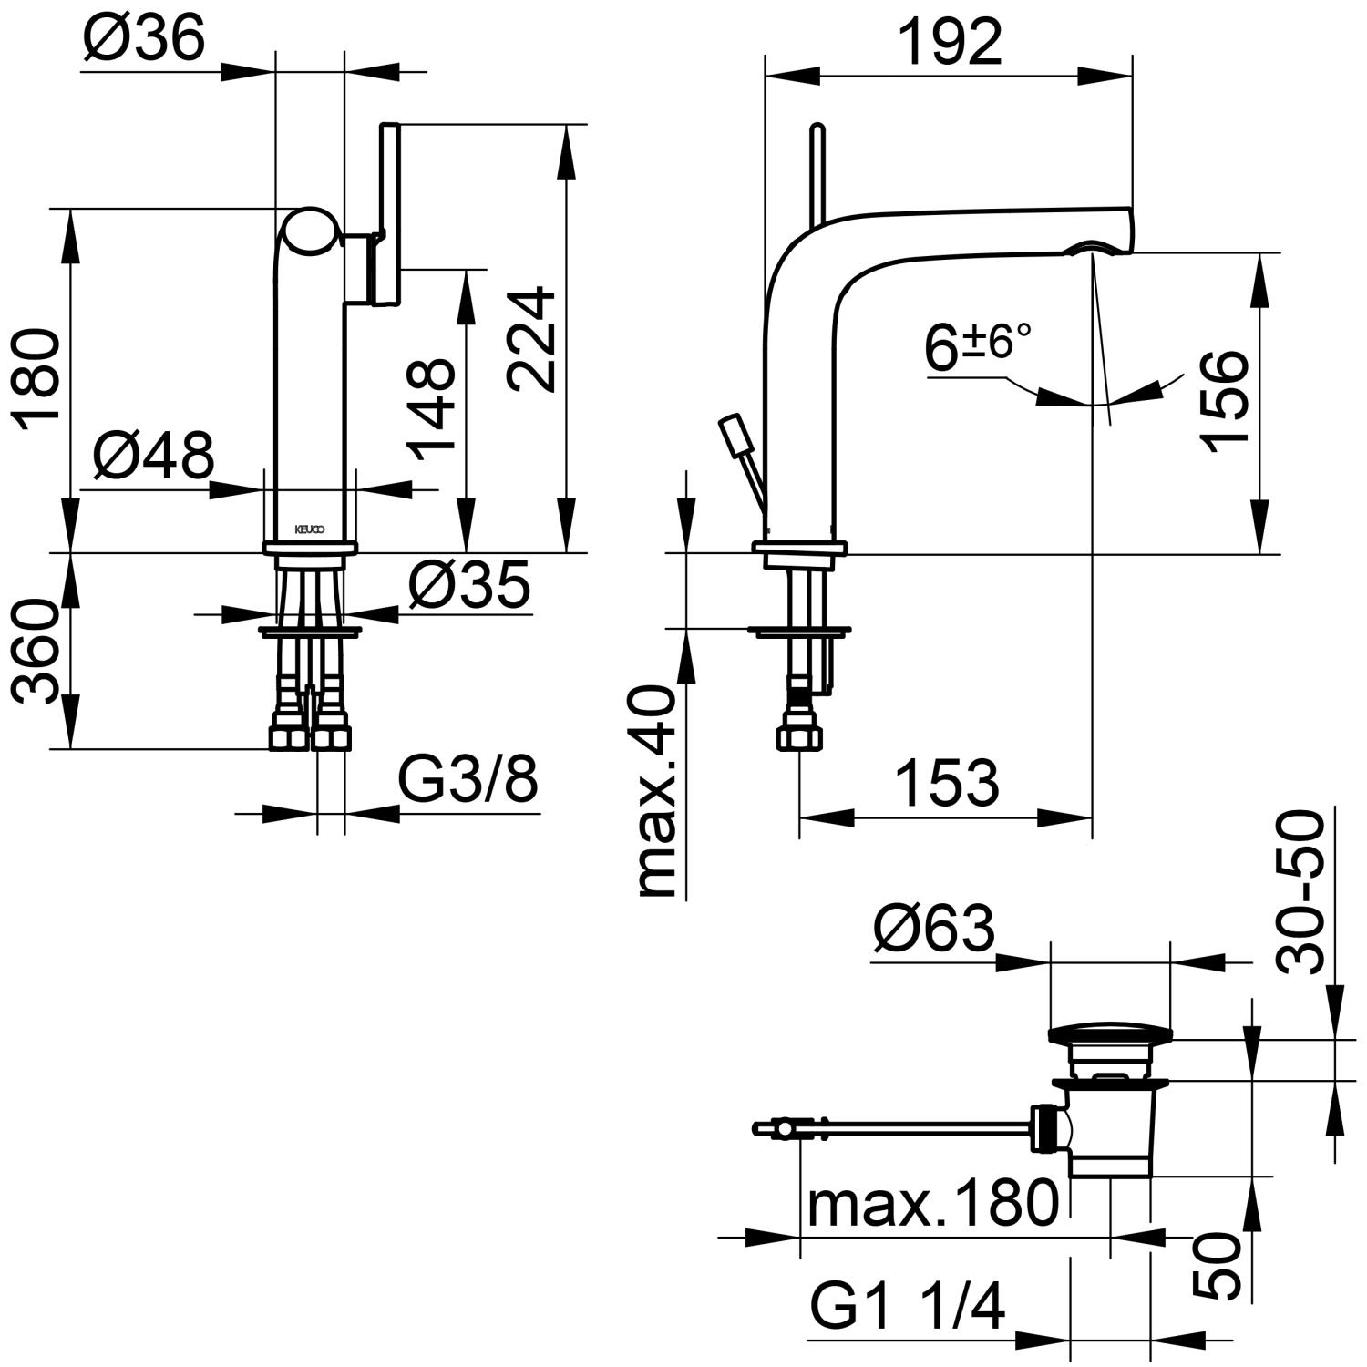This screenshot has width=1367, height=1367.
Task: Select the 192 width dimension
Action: tap(949, 42)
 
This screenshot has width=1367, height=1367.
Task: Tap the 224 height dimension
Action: tap(532, 339)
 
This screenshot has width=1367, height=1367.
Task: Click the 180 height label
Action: tap(36, 380)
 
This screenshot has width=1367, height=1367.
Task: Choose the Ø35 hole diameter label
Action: tap(468, 584)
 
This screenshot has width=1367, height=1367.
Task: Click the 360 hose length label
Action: tap(36, 651)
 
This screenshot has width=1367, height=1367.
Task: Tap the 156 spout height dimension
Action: tap(1222, 397)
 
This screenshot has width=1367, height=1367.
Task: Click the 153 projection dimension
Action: tap(947, 783)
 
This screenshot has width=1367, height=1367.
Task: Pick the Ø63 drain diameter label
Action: tap(933, 930)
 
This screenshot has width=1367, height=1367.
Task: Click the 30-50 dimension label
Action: tap(1300, 892)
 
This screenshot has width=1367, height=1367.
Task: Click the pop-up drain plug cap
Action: tap(1109, 1033)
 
